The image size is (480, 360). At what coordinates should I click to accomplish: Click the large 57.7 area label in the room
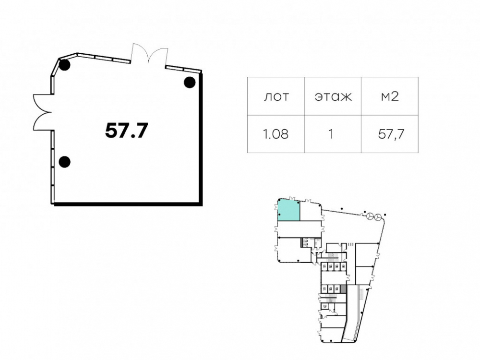126,131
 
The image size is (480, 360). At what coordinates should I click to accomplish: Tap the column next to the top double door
190,83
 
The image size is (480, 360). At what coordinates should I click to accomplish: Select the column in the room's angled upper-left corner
65,65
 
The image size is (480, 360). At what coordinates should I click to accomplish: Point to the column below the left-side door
65,162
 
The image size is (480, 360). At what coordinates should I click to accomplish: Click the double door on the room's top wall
149,54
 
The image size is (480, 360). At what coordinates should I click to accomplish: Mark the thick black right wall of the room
201,138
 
